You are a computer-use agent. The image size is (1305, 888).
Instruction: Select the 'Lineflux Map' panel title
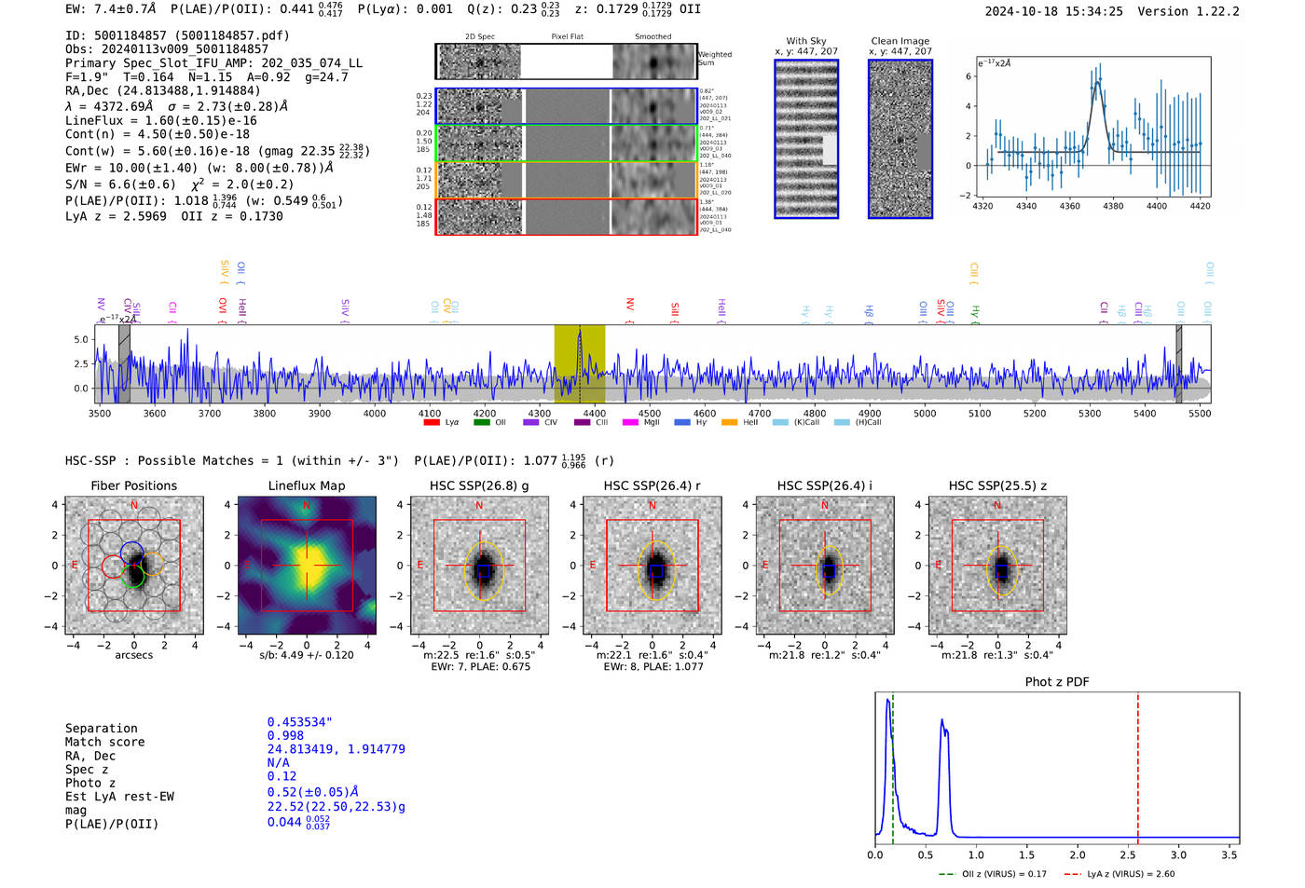306,485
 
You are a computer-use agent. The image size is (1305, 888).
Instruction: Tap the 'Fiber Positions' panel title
133,485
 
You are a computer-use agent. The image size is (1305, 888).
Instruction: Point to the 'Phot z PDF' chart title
1056,681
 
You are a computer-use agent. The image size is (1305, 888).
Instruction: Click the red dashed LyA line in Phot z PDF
1137,764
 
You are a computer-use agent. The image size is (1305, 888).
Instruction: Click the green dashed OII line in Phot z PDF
892,764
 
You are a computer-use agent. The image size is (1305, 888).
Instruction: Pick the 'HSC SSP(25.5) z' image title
997,485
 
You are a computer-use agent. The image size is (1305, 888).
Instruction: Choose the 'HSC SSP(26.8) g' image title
479,485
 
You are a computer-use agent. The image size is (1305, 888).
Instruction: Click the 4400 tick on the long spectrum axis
594,413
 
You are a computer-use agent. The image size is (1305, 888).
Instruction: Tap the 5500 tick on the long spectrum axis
1200,413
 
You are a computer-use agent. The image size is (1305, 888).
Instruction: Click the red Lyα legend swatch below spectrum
431,422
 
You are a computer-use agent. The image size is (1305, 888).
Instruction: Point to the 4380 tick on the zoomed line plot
1113,206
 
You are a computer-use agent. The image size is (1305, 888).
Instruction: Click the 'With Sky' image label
805,41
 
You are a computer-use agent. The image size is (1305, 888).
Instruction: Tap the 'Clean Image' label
900,41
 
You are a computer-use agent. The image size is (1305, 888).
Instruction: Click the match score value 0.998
285,735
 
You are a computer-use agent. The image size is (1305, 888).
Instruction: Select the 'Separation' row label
101,729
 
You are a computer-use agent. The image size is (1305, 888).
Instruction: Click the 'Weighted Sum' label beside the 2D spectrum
714,59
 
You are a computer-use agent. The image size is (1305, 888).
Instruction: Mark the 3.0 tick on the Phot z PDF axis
1178,854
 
